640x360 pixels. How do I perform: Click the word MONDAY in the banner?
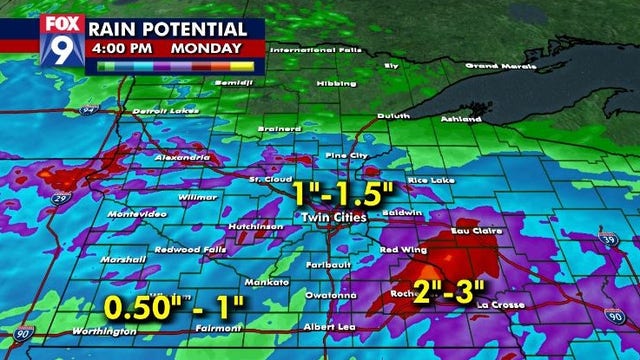tap(206, 47)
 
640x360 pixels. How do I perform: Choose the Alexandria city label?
tap(181, 158)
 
